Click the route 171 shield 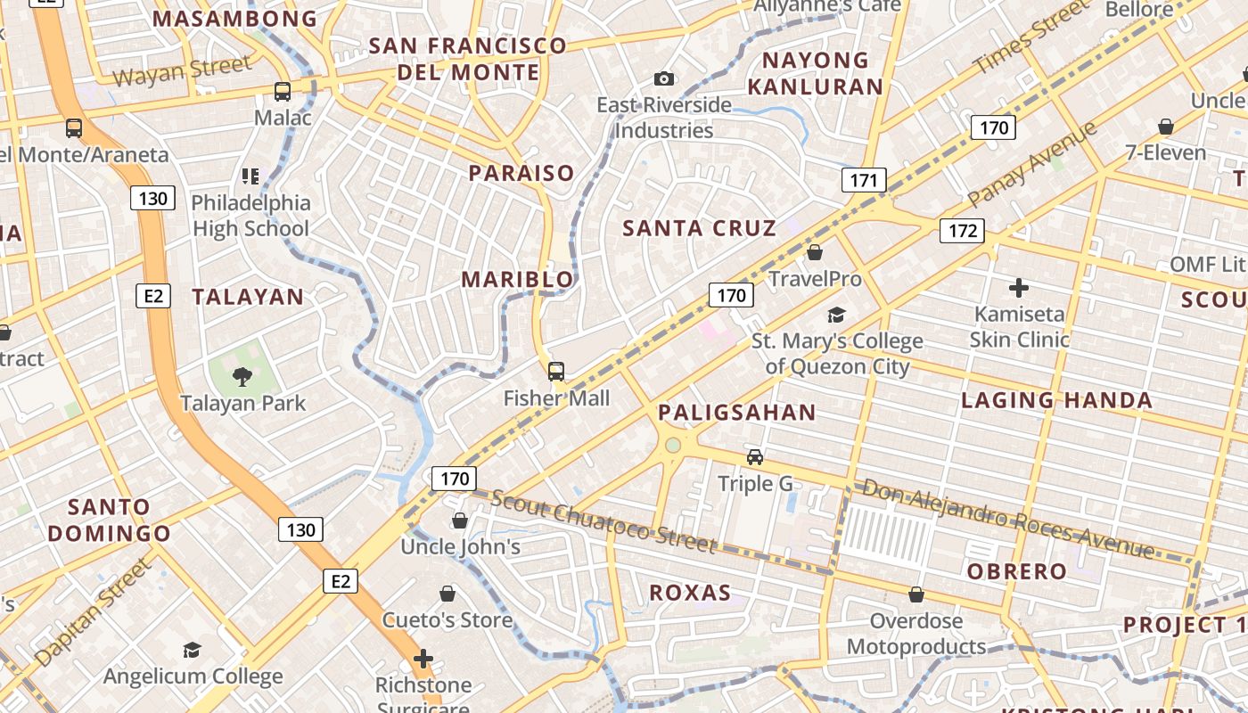(863, 181)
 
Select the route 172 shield (962, 232)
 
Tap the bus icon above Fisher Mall (556, 372)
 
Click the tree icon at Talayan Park (242, 377)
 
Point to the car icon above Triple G (755, 457)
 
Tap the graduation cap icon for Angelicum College (192, 650)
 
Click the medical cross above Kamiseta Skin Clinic (1018, 288)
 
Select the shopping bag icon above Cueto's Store (447, 594)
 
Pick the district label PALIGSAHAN (736, 413)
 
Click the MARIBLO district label (517, 280)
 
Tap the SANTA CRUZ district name (699, 228)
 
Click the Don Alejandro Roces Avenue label (1007, 518)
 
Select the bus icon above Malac (283, 91)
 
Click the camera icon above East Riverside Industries (663, 79)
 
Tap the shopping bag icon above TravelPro (814, 253)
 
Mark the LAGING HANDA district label (1056, 401)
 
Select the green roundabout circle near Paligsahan (673, 445)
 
